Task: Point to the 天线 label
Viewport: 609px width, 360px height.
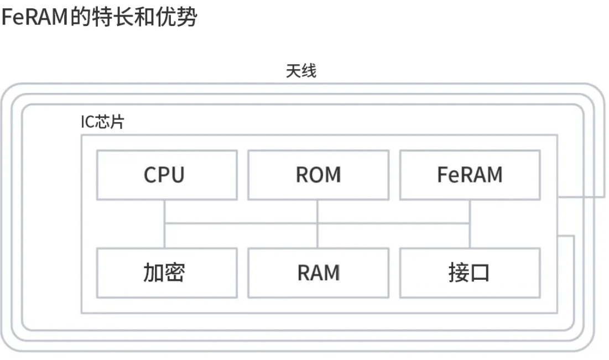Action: pyautogui.click(x=301, y=71)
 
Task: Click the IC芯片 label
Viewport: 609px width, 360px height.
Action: pyautogui.click(x=102, y=122)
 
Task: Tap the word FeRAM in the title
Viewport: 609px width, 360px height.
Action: pyautogui.click(x=34, y=18)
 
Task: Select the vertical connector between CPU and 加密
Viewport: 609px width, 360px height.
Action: pyautogui.click(x=165, y=224)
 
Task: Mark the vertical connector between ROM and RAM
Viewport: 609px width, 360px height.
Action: pyautogui.click(x=317, y=224)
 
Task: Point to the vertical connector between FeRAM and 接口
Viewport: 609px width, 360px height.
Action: pyautogui.click(x=470, y=224)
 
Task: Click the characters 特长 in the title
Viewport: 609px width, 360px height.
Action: pyautogui.click(x=113, y=18)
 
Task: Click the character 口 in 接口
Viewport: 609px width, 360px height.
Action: pyautogui.click(x=480, y=273)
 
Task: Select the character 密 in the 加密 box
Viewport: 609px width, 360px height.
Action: pyautogui.click(x=175, y=273)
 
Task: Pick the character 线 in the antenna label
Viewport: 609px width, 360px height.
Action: pyautogui.click(x=309, y=71)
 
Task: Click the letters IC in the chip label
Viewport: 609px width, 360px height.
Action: pyautogui.click(x=87, y=122)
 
